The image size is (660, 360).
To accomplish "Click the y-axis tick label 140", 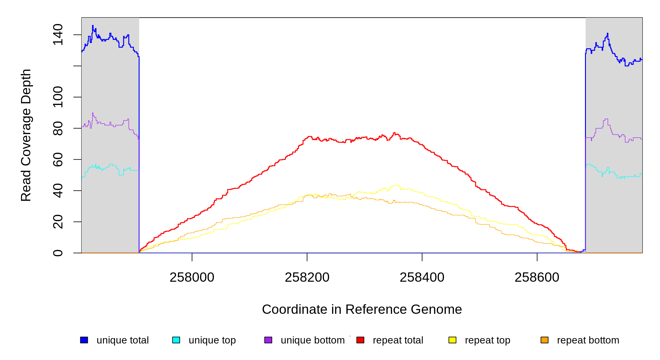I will [58, 35].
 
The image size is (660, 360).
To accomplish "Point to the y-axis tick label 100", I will [58, 97].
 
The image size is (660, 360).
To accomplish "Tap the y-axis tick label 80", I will [58, 128].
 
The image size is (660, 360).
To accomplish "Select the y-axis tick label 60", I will [58, 159].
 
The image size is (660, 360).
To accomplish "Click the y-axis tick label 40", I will [58, 191].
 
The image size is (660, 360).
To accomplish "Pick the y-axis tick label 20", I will [58, 222].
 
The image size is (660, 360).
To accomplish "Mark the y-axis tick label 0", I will [58, 253].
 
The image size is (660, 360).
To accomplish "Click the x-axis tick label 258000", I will [192, 277].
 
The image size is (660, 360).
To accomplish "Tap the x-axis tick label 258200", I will [307, 277].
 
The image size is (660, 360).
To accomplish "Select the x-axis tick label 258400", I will [422, 277].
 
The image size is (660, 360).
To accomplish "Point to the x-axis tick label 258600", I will [537, 277].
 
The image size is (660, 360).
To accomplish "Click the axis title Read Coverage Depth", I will [26, 135].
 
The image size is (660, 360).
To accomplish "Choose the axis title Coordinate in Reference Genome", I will [362, 309].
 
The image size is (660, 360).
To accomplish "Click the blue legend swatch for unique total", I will [84, 340].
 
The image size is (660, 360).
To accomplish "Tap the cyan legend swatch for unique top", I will [176, 340].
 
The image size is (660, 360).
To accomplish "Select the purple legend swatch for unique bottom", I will [268, 340].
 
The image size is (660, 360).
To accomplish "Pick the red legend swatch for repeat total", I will [360, 340].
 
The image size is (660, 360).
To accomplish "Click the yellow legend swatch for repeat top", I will [452, 340].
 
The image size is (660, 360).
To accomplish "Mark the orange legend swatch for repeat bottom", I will [544, 340].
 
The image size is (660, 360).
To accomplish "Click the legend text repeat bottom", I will [588, 340].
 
